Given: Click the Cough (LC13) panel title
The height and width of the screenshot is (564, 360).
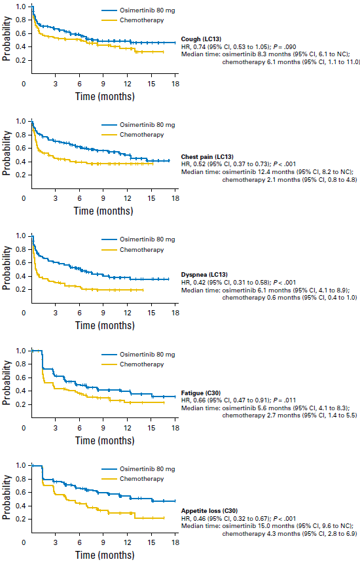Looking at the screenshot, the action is [201, 39].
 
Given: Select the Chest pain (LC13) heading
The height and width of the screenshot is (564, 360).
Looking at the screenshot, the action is [207, 157].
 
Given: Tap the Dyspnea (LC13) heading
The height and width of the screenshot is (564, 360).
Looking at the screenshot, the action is [204, 275].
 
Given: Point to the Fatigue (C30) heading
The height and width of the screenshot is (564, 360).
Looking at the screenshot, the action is [200, 393].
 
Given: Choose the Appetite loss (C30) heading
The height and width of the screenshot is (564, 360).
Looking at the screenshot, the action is [209, 511].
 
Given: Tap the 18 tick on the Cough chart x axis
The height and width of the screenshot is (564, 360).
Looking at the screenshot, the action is [175, 84].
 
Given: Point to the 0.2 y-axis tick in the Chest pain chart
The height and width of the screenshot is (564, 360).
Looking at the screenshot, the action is [21, 175].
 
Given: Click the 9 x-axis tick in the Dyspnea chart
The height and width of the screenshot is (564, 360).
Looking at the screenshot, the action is [103, 313].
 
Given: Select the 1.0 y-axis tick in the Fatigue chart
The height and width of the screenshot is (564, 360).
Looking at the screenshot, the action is [21, 351].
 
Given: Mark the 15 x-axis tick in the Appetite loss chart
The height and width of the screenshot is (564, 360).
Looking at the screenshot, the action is [151, 542].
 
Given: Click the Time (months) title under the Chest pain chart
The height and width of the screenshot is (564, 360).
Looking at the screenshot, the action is [103, 211].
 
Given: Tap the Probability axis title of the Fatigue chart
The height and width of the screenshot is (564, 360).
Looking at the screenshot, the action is [7, 383].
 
